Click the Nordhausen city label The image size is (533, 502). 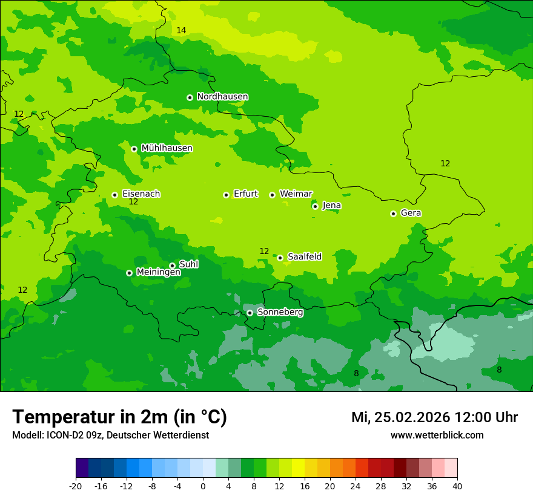[222, 97]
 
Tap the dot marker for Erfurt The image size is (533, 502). [226, 195]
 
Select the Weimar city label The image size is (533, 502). [296, 194]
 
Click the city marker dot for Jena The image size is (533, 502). [315, 206]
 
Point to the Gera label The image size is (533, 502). [411, 213]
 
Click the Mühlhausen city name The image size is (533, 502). [167, 148]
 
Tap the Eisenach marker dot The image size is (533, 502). [114, 195]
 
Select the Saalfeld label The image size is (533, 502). [304, 257]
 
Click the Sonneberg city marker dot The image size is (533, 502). [250, 313]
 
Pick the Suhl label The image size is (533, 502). [188, 264]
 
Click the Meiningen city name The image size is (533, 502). [158, 272]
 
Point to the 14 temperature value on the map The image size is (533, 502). [181, 30]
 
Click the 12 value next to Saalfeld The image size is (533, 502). [264, 251]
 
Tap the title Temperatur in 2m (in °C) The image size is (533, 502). [119, 417]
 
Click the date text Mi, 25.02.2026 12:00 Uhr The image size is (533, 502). [434, 417]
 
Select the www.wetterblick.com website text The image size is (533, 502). [437, 435]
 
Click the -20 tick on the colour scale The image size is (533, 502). [76, 486]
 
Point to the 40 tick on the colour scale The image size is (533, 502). [457, 486]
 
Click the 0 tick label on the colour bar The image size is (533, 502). [203, 486]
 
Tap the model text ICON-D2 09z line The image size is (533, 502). [110, 435]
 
